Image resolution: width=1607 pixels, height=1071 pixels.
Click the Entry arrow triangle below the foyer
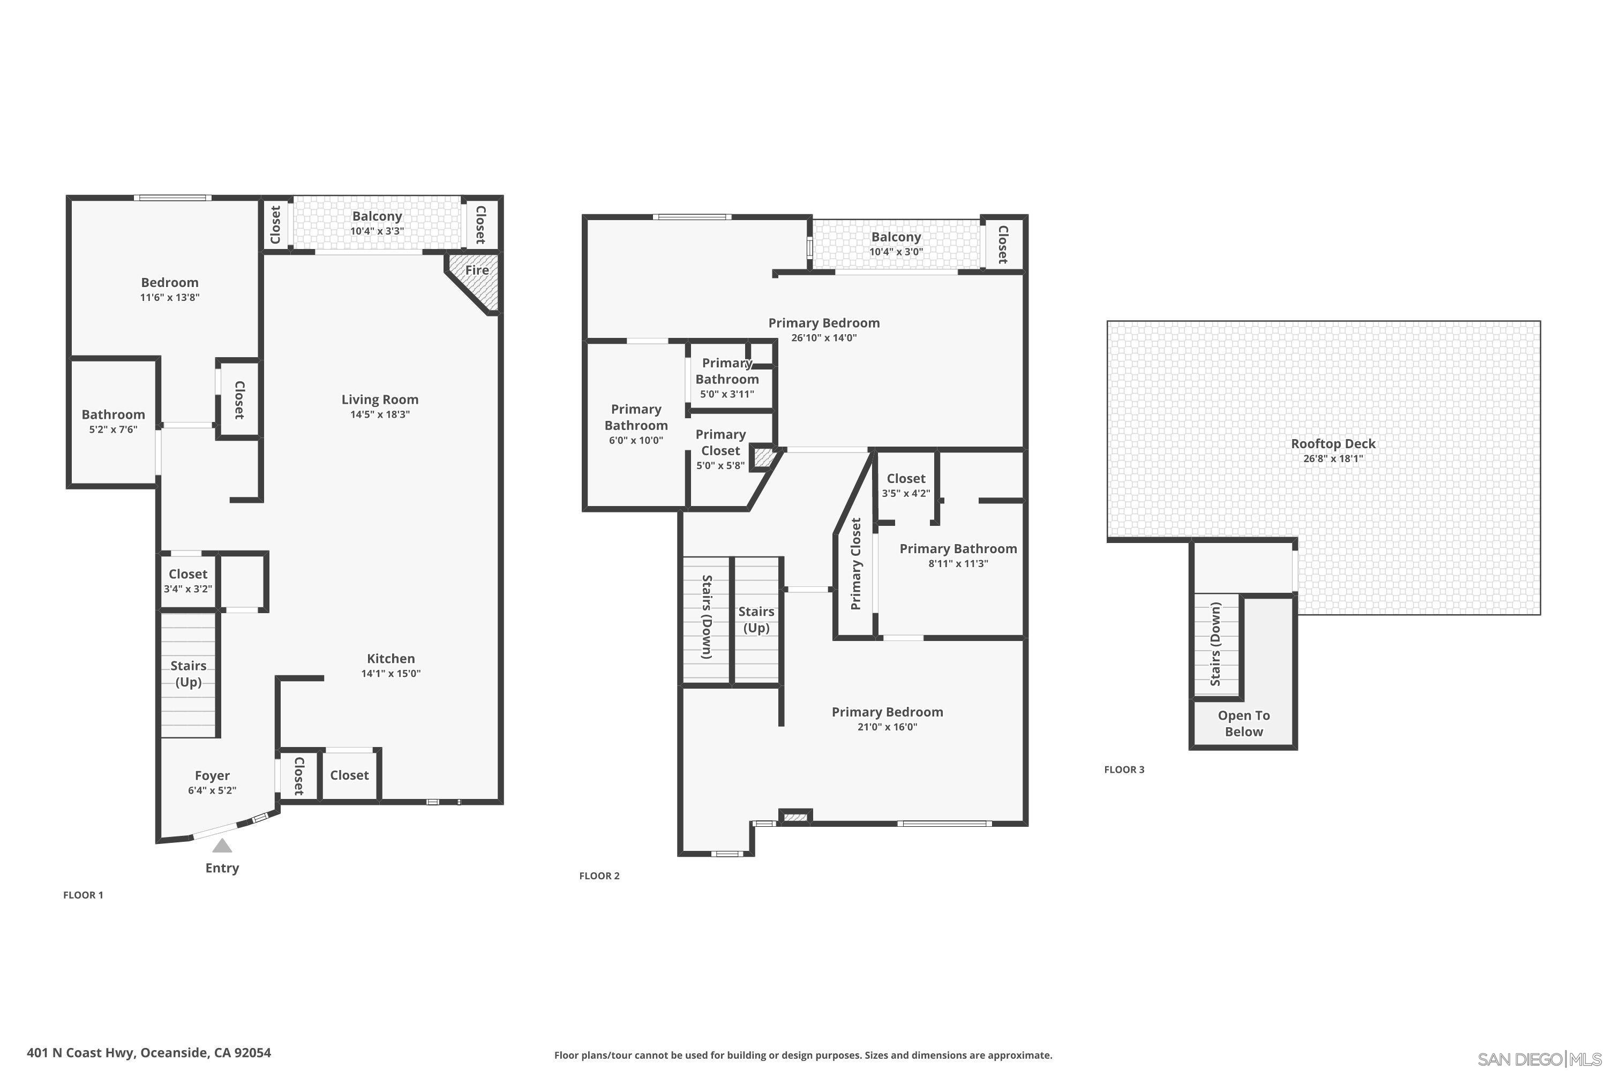[x=221, y=846]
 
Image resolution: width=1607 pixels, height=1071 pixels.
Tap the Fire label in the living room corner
[x=476, y=270]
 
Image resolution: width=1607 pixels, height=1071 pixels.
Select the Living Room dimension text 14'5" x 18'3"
[x=380, y=414]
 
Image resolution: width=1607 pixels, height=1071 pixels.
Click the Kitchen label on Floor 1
[x=391, y=659]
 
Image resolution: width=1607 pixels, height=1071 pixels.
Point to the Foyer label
[x=212, y=775]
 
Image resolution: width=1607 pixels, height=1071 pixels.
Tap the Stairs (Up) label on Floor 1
[x=188, y=674]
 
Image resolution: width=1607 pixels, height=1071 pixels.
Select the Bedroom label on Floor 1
[x=169, y=282]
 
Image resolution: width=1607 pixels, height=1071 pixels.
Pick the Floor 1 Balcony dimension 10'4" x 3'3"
[x=377, y=231]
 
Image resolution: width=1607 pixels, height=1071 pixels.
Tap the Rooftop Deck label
[x=1332, y=443]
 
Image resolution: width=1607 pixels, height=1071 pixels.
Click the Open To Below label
[x=1243, y=723]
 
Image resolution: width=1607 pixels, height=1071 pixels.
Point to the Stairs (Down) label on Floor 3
[x=1215, y=644]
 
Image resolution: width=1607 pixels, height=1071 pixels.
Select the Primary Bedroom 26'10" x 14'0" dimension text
[x=823, y=337]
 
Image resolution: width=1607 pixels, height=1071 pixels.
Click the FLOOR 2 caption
[x=599, y=876]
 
